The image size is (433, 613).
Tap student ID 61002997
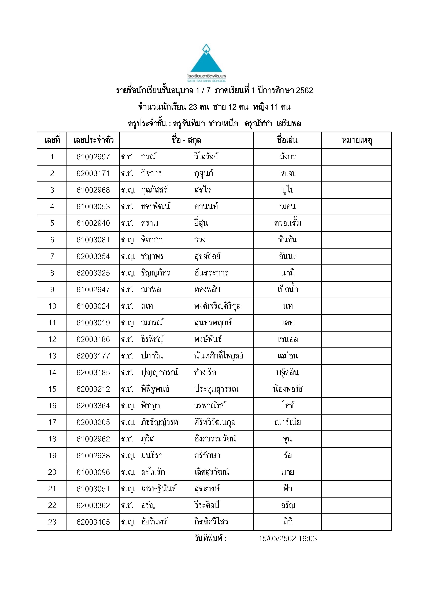tap(93, 157)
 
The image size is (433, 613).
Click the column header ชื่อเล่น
tap(287, 140)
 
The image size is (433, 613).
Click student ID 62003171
tap(93, 173)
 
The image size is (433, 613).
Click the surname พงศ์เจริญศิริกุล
tap(217, 306)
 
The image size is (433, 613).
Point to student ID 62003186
tap(93, 339)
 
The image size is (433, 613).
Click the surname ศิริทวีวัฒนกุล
tap(215, 422)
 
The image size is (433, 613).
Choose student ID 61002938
tap(93, 455)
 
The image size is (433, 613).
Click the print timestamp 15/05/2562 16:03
tap(288, 539)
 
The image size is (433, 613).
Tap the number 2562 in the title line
tap(304, 90)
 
